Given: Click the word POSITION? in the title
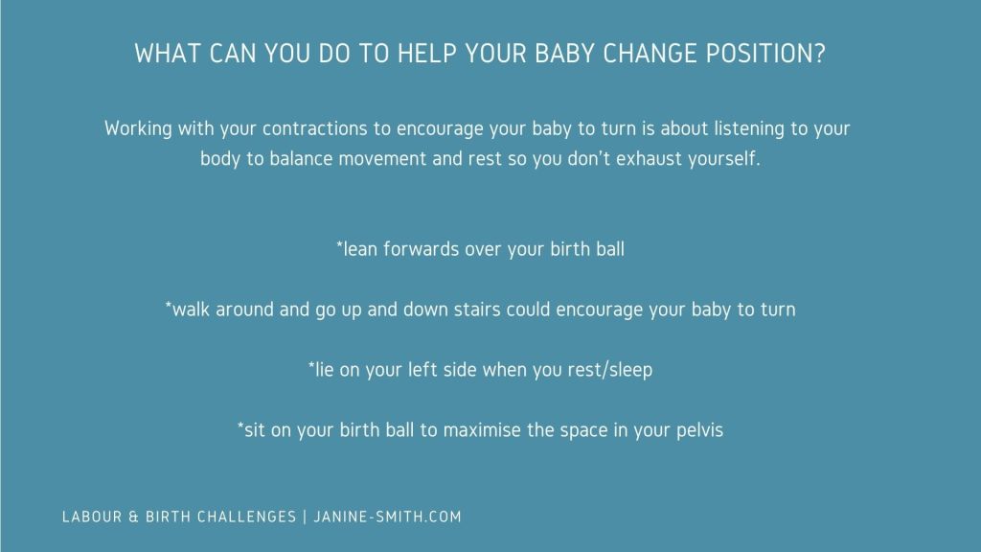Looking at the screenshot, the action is (x=765, y=54).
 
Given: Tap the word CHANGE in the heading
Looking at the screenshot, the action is (x=650, y=54).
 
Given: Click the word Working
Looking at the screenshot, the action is (x=138, y=128).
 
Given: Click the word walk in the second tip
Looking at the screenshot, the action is (x=191, y=310).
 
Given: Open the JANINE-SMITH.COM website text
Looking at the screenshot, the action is (x=387, y=517).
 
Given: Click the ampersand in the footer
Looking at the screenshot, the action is (x=134, y=517).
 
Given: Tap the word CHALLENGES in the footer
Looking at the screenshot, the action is (x=246, y=517).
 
